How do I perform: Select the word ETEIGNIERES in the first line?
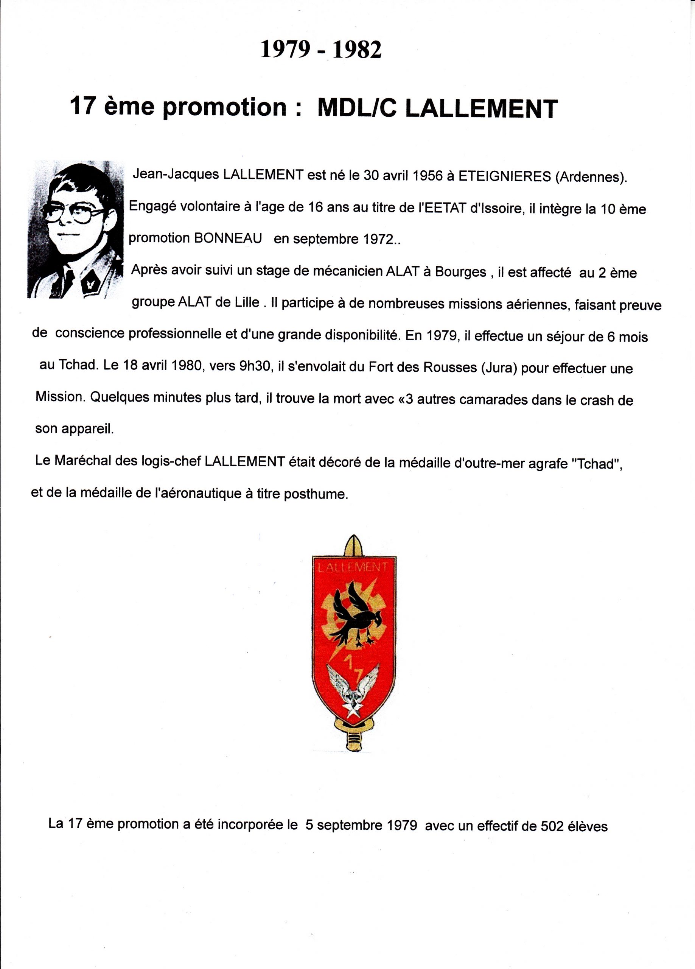click(504, 176)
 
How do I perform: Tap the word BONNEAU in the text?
click(228, 238)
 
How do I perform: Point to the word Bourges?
click(460, 272)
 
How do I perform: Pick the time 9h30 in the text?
click(255, 368)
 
